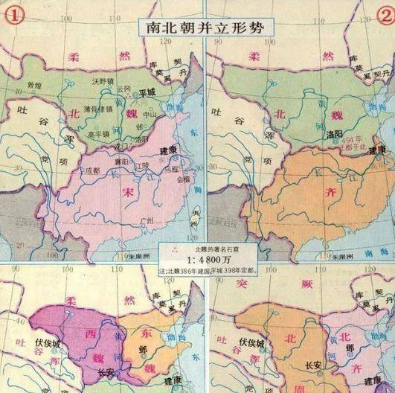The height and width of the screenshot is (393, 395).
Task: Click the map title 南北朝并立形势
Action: tap(197, 24)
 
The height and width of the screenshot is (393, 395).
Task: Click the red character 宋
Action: tap(124, 191)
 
